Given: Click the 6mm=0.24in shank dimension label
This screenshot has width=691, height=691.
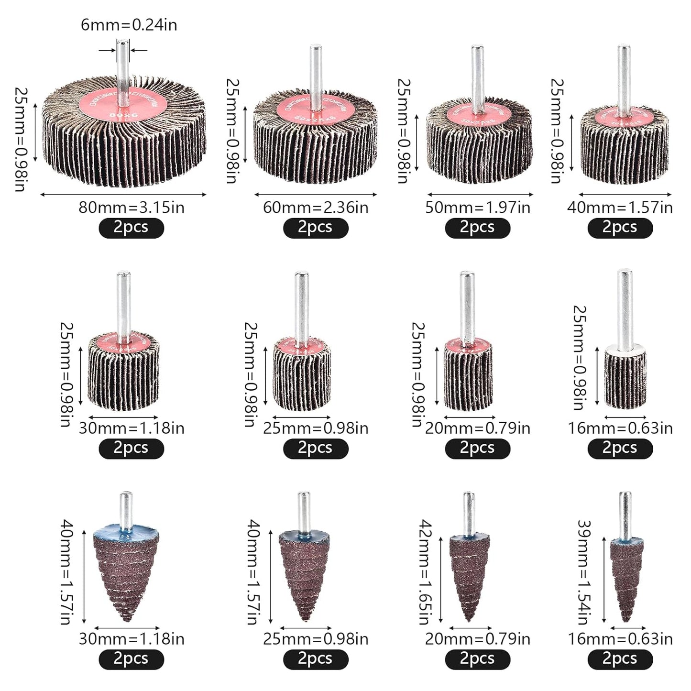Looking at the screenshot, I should [129, 24].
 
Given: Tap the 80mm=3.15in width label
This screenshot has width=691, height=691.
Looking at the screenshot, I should [132, 208].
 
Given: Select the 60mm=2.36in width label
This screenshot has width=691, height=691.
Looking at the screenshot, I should [316, 208].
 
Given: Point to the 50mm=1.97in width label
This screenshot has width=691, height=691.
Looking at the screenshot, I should [478, 208].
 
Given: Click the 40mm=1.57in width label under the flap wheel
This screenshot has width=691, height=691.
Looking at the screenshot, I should [620, 208].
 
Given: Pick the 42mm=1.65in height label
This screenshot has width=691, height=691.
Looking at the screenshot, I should [425, 572].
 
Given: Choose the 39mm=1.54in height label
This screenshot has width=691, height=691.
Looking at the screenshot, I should [584, 572].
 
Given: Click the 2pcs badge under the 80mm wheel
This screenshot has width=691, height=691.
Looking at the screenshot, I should [131, 228].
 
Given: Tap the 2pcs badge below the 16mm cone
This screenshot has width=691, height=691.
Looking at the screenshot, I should [620, 659].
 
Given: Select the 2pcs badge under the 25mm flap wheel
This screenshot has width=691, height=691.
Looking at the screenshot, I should [316, 449].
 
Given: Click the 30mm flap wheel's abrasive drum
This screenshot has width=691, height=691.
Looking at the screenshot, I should [123, 378].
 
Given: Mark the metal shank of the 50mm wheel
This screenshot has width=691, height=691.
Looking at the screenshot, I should [477, 77].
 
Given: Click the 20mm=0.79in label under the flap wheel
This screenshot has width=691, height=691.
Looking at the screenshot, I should [478, 428].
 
